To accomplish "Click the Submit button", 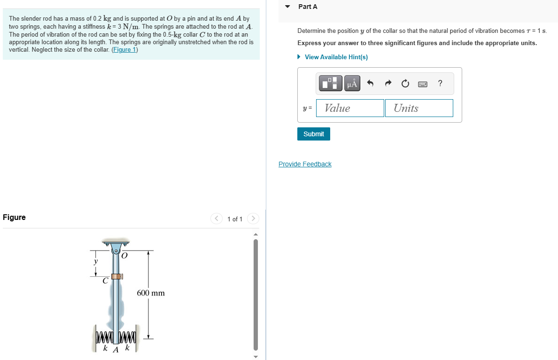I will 314,134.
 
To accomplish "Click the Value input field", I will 350,108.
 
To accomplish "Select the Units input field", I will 419,108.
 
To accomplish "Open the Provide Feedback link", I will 305,164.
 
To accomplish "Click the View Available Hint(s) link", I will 336,57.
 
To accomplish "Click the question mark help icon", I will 440,84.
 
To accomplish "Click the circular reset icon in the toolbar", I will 405,84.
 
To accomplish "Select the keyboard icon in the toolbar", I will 423,84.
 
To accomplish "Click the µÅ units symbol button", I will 352,84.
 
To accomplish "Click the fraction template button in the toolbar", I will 331,84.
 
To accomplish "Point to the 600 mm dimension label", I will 151,293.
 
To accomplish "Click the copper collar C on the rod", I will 116,276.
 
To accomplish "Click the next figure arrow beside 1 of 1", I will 253,219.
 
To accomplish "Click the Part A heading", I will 308,7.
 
